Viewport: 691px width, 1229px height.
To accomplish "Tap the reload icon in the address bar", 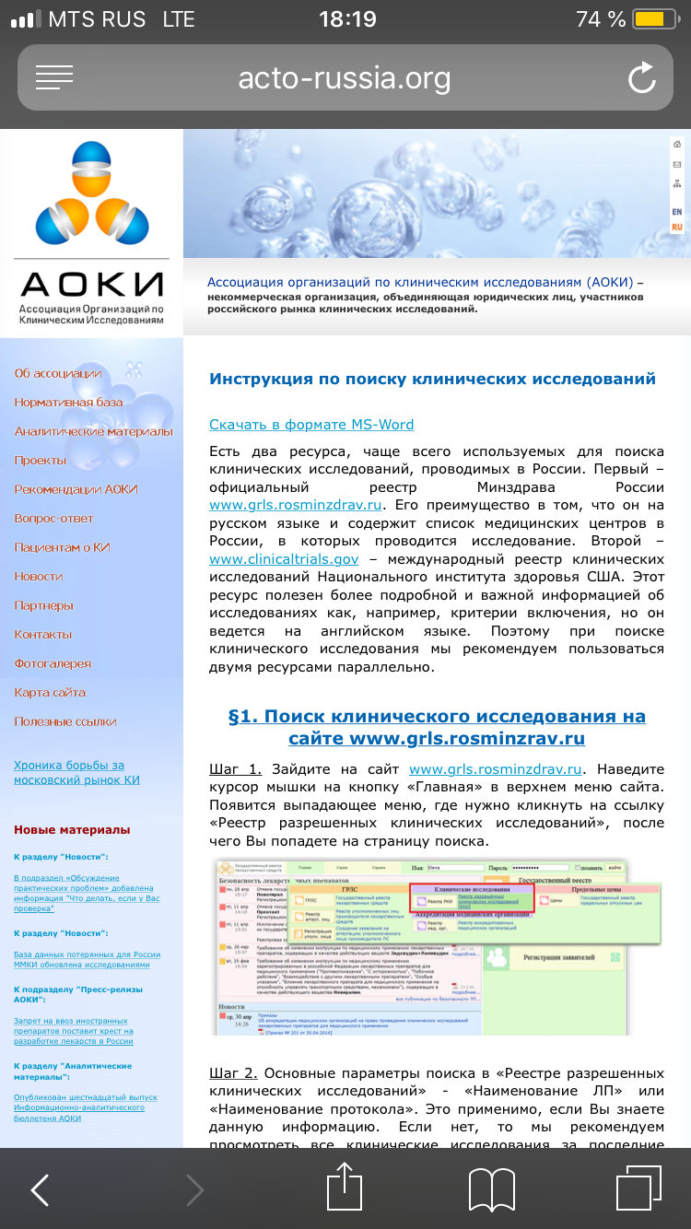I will tap(641, 78).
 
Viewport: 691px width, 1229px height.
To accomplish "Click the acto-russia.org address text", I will tap(345, 78).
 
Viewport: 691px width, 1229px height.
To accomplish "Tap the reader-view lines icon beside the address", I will tap(53, 78).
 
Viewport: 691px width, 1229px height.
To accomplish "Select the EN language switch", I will tap(677, 212).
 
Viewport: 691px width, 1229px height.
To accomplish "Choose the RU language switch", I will tap(677, 227).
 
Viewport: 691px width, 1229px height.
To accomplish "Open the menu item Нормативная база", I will tap(69, 403).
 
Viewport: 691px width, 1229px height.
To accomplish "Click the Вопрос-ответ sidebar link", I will tap(54, 519).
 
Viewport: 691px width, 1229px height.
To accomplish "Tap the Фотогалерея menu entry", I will tap(53, 663).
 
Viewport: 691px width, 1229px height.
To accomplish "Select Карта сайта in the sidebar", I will tap(50, 693).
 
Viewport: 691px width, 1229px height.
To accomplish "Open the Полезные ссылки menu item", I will tap(65, 721).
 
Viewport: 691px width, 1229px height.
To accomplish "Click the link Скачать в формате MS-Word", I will tap(311, 425).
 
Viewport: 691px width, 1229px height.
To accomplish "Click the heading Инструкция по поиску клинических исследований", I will tap(432, 379).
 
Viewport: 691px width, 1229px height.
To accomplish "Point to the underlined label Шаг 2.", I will tap(235, 1073).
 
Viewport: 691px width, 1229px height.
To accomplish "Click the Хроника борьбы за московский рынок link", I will tap(69, 772).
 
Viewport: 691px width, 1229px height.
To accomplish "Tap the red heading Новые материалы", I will tap(72, 830).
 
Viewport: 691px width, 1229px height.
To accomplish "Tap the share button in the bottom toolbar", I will tap(345, 1188).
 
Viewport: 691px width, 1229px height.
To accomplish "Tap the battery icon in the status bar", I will tap(650, 19).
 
